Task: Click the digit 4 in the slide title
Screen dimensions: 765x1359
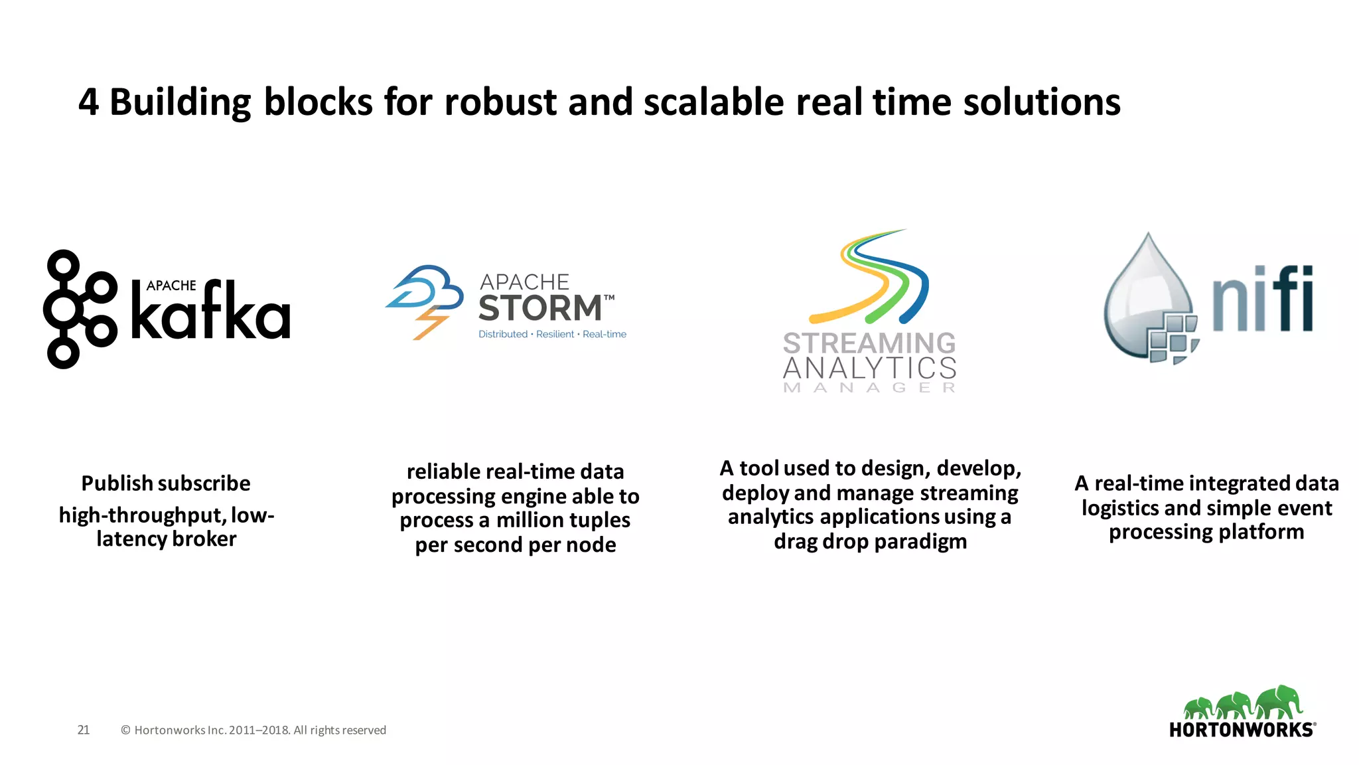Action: (x=89, y=103)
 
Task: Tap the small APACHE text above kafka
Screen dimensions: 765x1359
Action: (x=171, y=286)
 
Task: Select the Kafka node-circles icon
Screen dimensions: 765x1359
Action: (x=80, y=309)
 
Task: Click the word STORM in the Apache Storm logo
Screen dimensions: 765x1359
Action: (x=539, y=309)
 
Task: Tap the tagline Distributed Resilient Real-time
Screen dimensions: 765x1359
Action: (x=552, y=334)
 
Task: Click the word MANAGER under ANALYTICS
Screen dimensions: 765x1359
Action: (x=869, y=388)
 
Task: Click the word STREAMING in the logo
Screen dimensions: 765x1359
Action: (x=869, y=343)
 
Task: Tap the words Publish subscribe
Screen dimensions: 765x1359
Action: (x=166, y=483)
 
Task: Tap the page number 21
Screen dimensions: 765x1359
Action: (x=84, y=730)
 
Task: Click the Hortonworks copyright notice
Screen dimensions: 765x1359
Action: (x=253, y=730)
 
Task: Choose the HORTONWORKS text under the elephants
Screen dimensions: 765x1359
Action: (x=1241, y=730)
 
